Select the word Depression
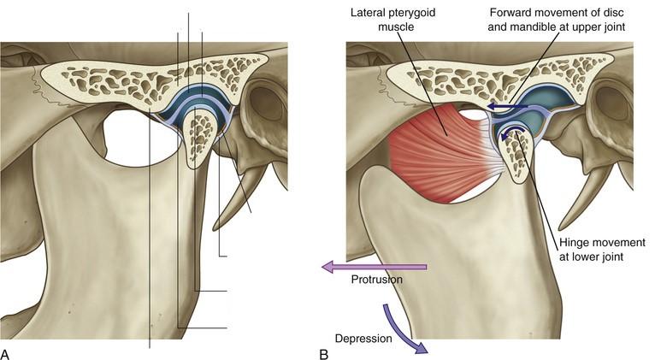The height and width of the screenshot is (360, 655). [363, 338]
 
